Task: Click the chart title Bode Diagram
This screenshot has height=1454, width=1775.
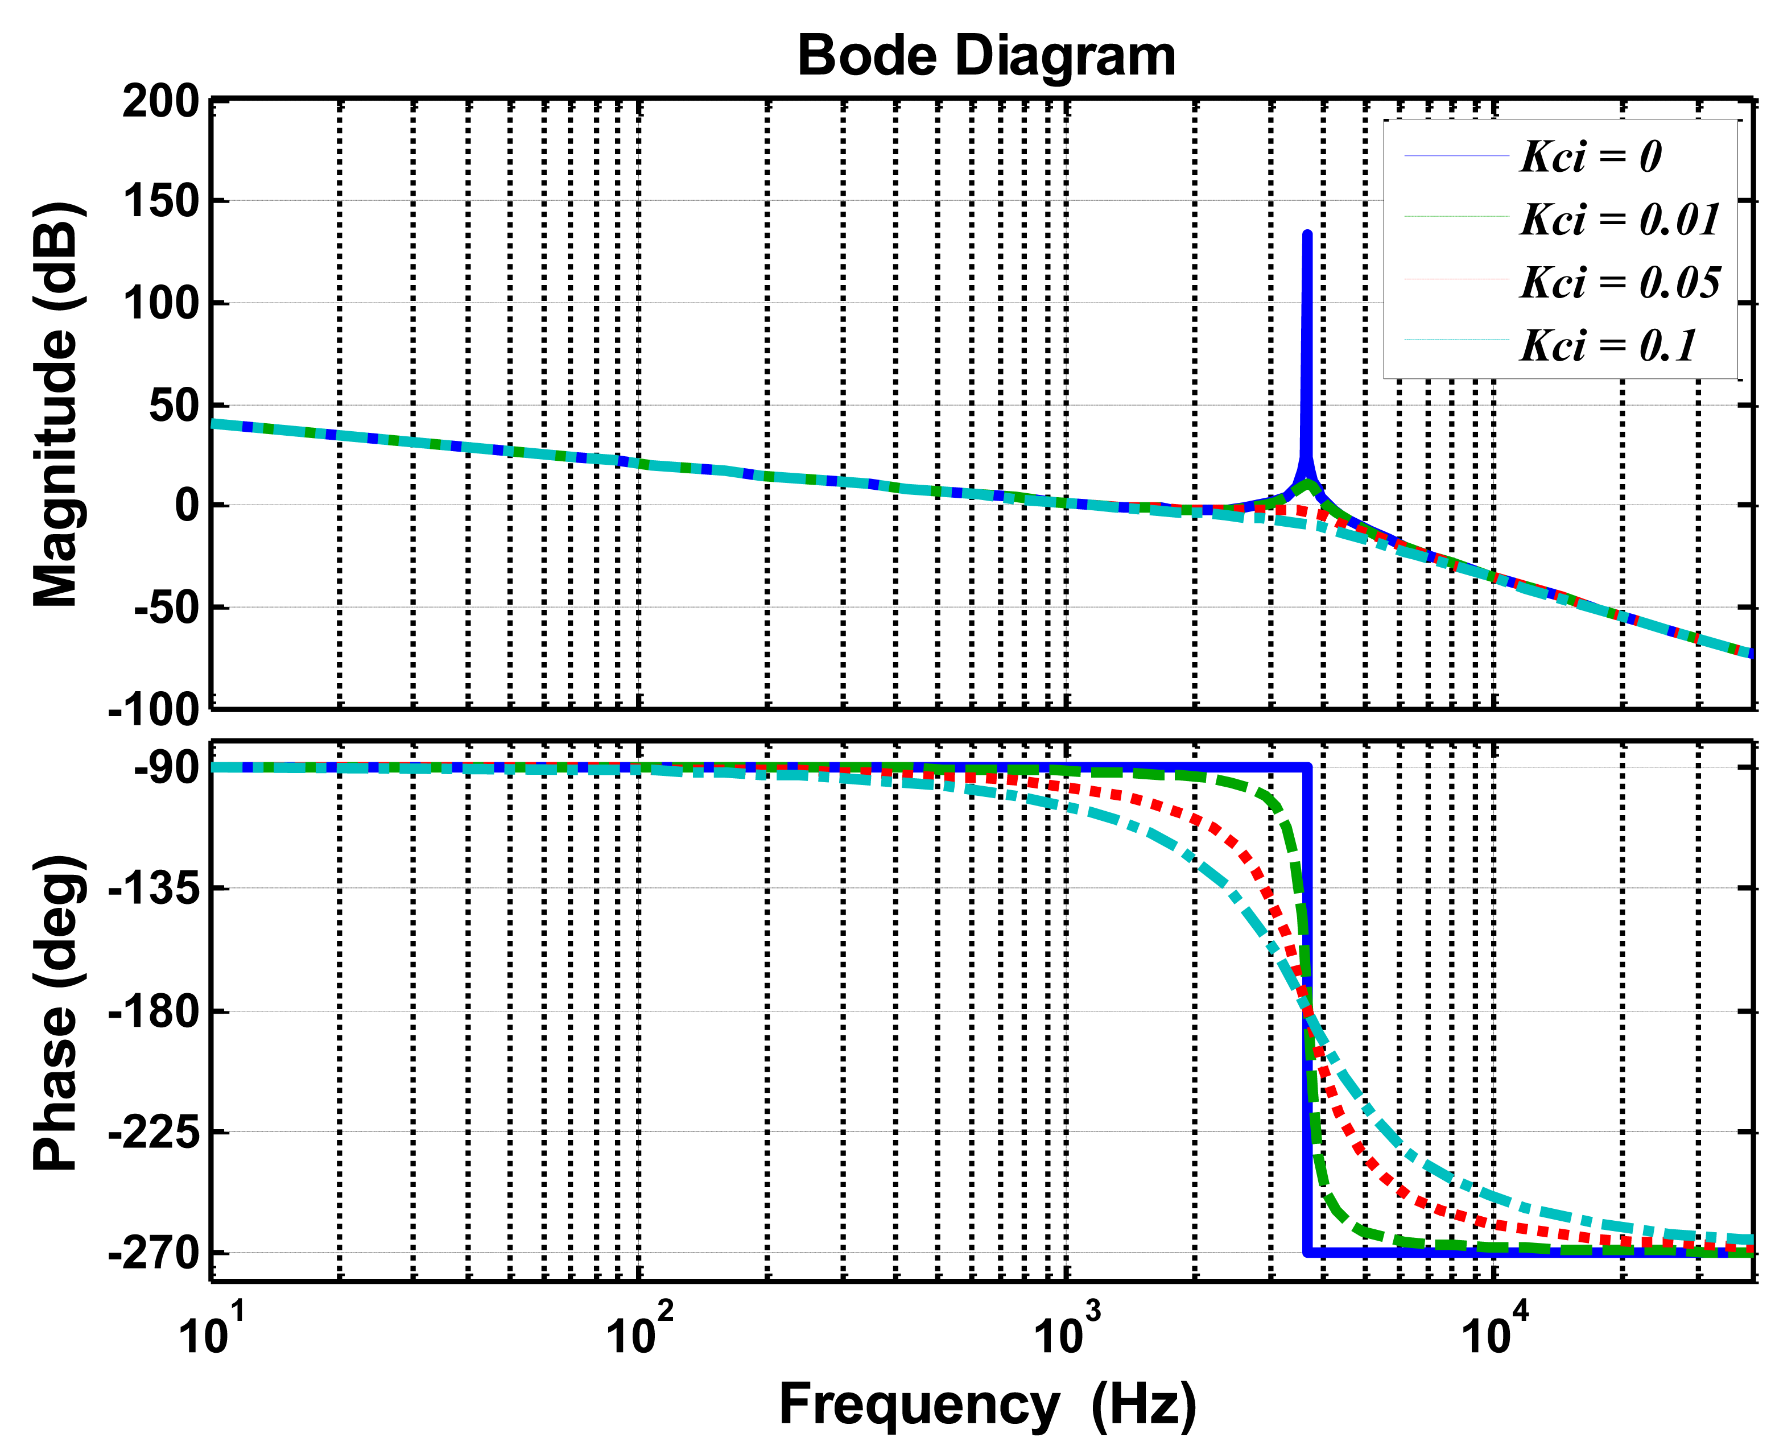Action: click(x=986, y=56)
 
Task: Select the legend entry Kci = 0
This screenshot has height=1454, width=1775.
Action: click(x=1590, y=156)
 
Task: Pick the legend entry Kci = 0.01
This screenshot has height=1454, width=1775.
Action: click(x=1619, y=220)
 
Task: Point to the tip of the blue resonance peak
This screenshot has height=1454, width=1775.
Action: click(x=1307, y=234)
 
